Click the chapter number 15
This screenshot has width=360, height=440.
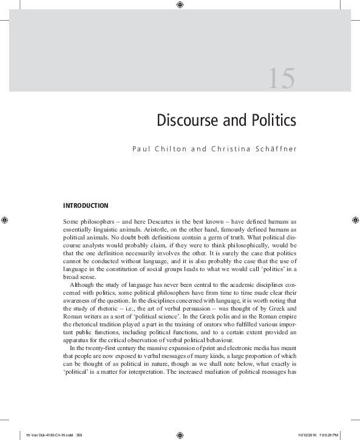coord(281,80)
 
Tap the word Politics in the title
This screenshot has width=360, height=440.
coord(270,120)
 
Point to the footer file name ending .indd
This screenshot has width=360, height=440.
coord(46,436)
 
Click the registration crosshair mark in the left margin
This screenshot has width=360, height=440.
coord(4,218)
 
